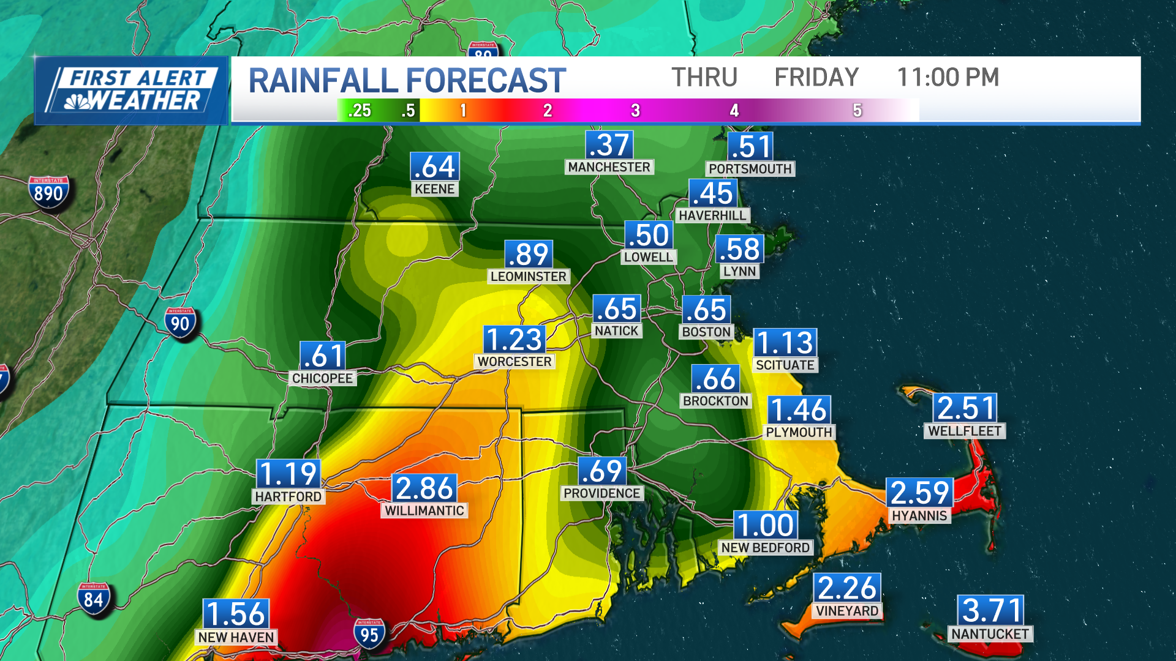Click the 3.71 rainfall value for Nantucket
[990, 610]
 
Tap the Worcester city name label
[514, 362]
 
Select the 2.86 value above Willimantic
[424, 488]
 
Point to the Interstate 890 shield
[48, 193]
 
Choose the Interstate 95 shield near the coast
[369, 635]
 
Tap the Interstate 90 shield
[180, 323]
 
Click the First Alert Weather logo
[132, 91]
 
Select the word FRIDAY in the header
[816, 78]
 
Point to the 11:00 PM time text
[948, 78]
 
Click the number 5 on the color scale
[857, 111]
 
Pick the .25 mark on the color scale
[359, 111]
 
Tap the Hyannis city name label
[919, 516]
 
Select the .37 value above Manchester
[609, 146]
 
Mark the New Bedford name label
[766, 548]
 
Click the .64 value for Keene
[435, 167]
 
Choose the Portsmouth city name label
[750, 169]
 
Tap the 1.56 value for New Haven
[236, 614]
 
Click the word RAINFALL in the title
[323, 81]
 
